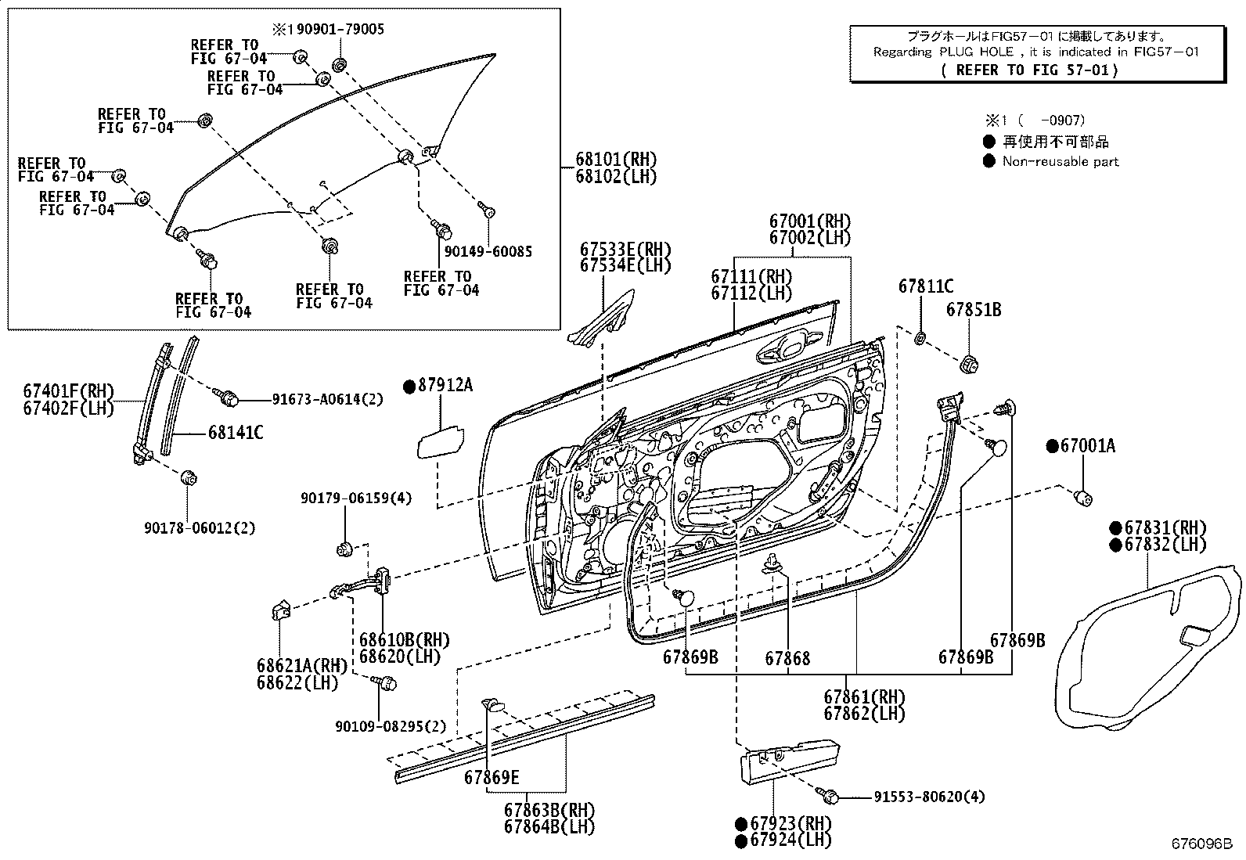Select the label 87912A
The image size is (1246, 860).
(x=446, y=385)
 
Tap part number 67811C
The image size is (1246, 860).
(x=926, y=286)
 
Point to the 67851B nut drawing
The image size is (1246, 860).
(x=968, y=363)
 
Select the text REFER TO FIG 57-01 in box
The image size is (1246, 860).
(x=1030, y=70)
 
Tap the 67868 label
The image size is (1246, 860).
(x=787, y=657)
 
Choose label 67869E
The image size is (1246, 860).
(x=491, y=777)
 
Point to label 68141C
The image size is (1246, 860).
(x=235, y=432)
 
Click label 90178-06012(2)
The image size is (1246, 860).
(x=200, y=528)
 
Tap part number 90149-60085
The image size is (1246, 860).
(x=488, y=252)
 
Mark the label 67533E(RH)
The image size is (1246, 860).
(x=625, y=249)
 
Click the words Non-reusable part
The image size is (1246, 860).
(x=1060, y=161)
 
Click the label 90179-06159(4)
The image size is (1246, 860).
(x=356, y=498)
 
